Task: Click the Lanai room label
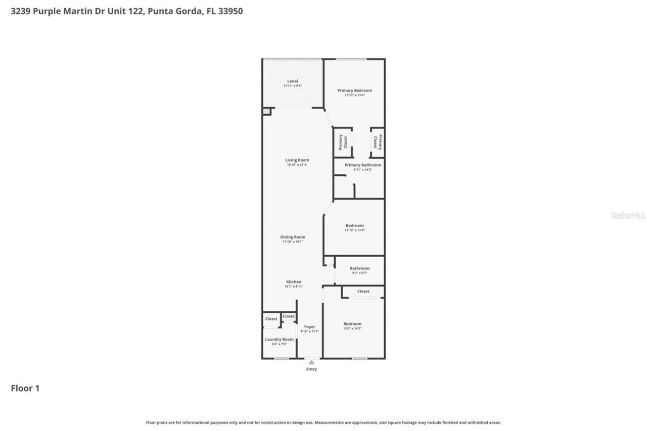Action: [x=293, y=81]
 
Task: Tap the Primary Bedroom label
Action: [x=354, y=90]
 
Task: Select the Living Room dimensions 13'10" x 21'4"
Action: [x=297, y=165]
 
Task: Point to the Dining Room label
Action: [x=293, y=237]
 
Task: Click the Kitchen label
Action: [x=294, y=282]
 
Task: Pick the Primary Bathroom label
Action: [x=362, y=165]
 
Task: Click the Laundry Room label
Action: [x=279, y=340]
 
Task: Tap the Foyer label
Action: [x=309, y=327]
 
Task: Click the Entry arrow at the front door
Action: [x=311, y=362]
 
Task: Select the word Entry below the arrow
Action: [x=311, y=369]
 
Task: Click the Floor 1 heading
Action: [x=25, y=389]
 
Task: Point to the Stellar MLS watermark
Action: [x=628, y=216]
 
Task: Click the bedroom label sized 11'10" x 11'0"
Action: [x=354, y=226]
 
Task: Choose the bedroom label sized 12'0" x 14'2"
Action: [x=352, y=324]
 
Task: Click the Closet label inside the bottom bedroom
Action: [x=363, y=292]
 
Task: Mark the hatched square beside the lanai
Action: [x=266, y=112]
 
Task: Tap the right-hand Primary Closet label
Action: [x=378, y=142]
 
